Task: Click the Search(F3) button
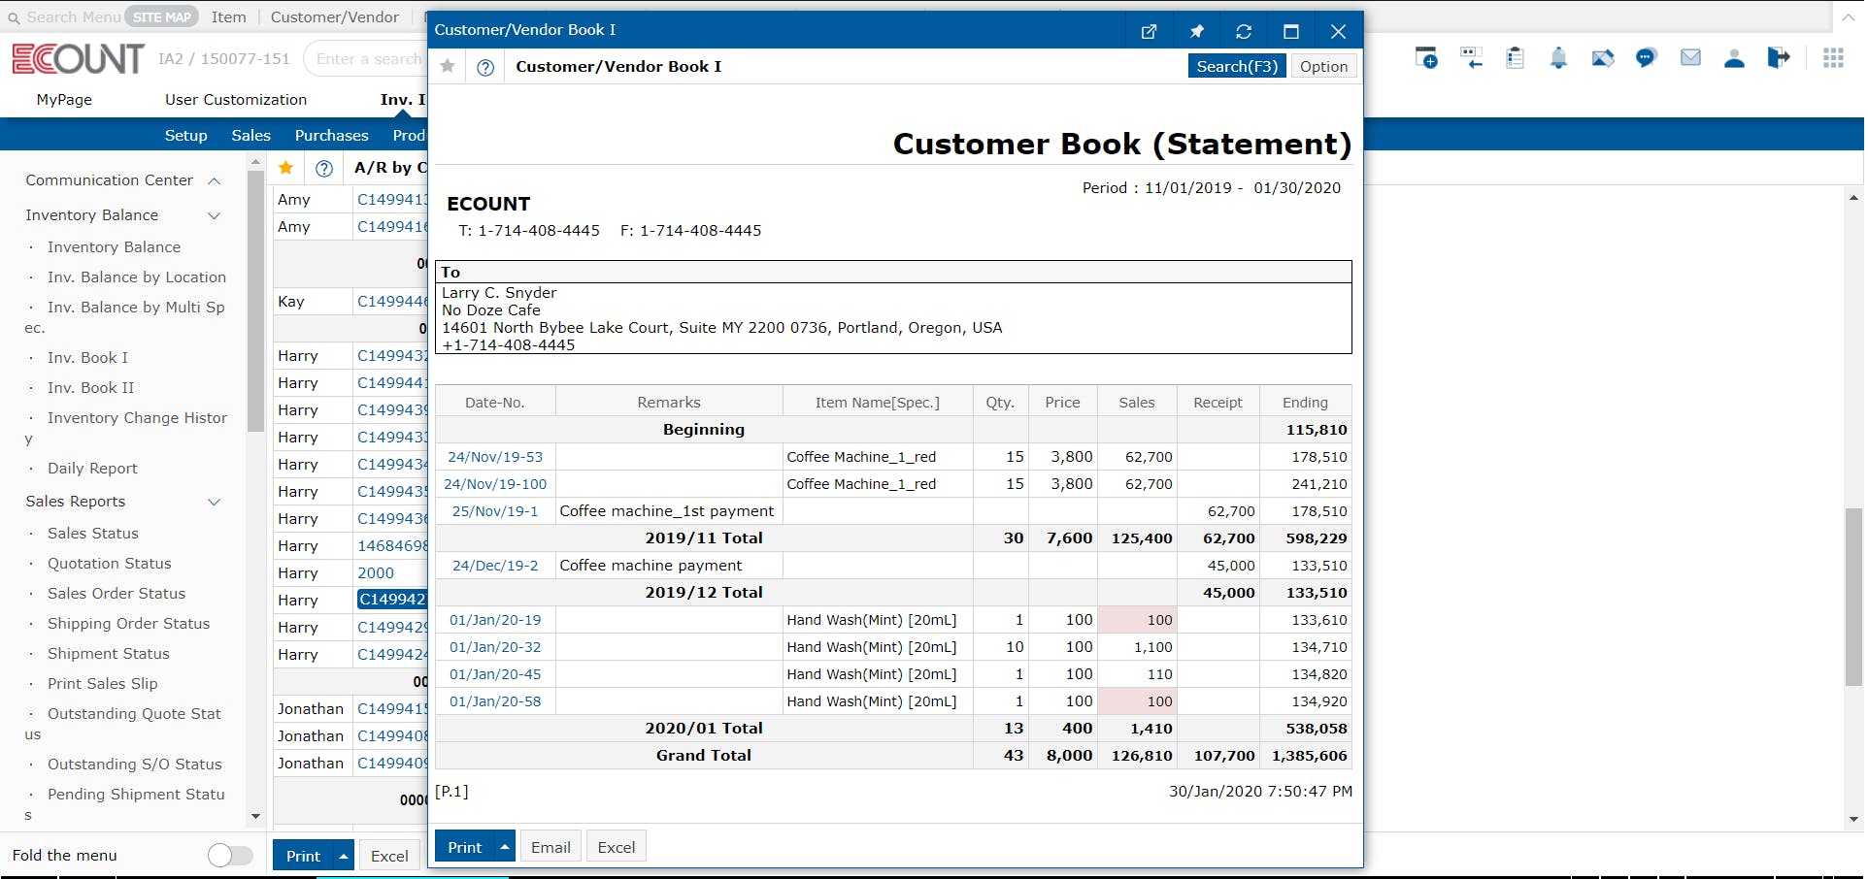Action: point(1236,66)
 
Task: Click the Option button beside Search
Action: point(1323,66)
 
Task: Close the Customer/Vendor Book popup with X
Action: point(1338,31)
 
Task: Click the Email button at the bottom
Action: point(550,847)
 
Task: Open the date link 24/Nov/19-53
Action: point(495,457)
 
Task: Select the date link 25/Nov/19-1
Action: point(495,511)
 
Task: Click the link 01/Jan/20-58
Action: point(495,701)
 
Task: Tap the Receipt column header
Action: point(1218,403)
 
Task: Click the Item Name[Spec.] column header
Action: point(877,403)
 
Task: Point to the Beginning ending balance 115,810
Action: point(1316,430)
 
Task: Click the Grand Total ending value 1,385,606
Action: point(1309,756)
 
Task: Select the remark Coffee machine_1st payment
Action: point(667,511)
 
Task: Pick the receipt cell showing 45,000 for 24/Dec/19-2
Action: point(1230,566)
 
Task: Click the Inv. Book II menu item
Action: point(91,388)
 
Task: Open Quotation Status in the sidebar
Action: point(110,564)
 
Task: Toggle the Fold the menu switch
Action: point(230,855)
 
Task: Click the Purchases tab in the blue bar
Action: point(331,136)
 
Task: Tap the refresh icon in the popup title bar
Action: point(1244,31)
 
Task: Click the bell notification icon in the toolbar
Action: point(1558,58)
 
